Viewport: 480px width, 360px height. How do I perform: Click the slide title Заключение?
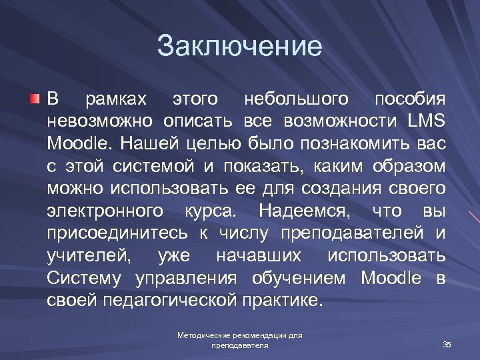click(239, 47)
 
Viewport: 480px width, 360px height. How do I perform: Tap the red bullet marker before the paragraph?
click(34, 99)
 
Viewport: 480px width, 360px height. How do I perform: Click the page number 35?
click(447, 344)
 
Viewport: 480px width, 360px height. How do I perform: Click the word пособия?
click(409, 99)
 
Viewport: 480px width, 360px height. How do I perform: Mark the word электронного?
click(105, 211)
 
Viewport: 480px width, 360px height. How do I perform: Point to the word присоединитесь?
click(117, 233)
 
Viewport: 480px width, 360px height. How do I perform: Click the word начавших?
click(259, 256)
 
